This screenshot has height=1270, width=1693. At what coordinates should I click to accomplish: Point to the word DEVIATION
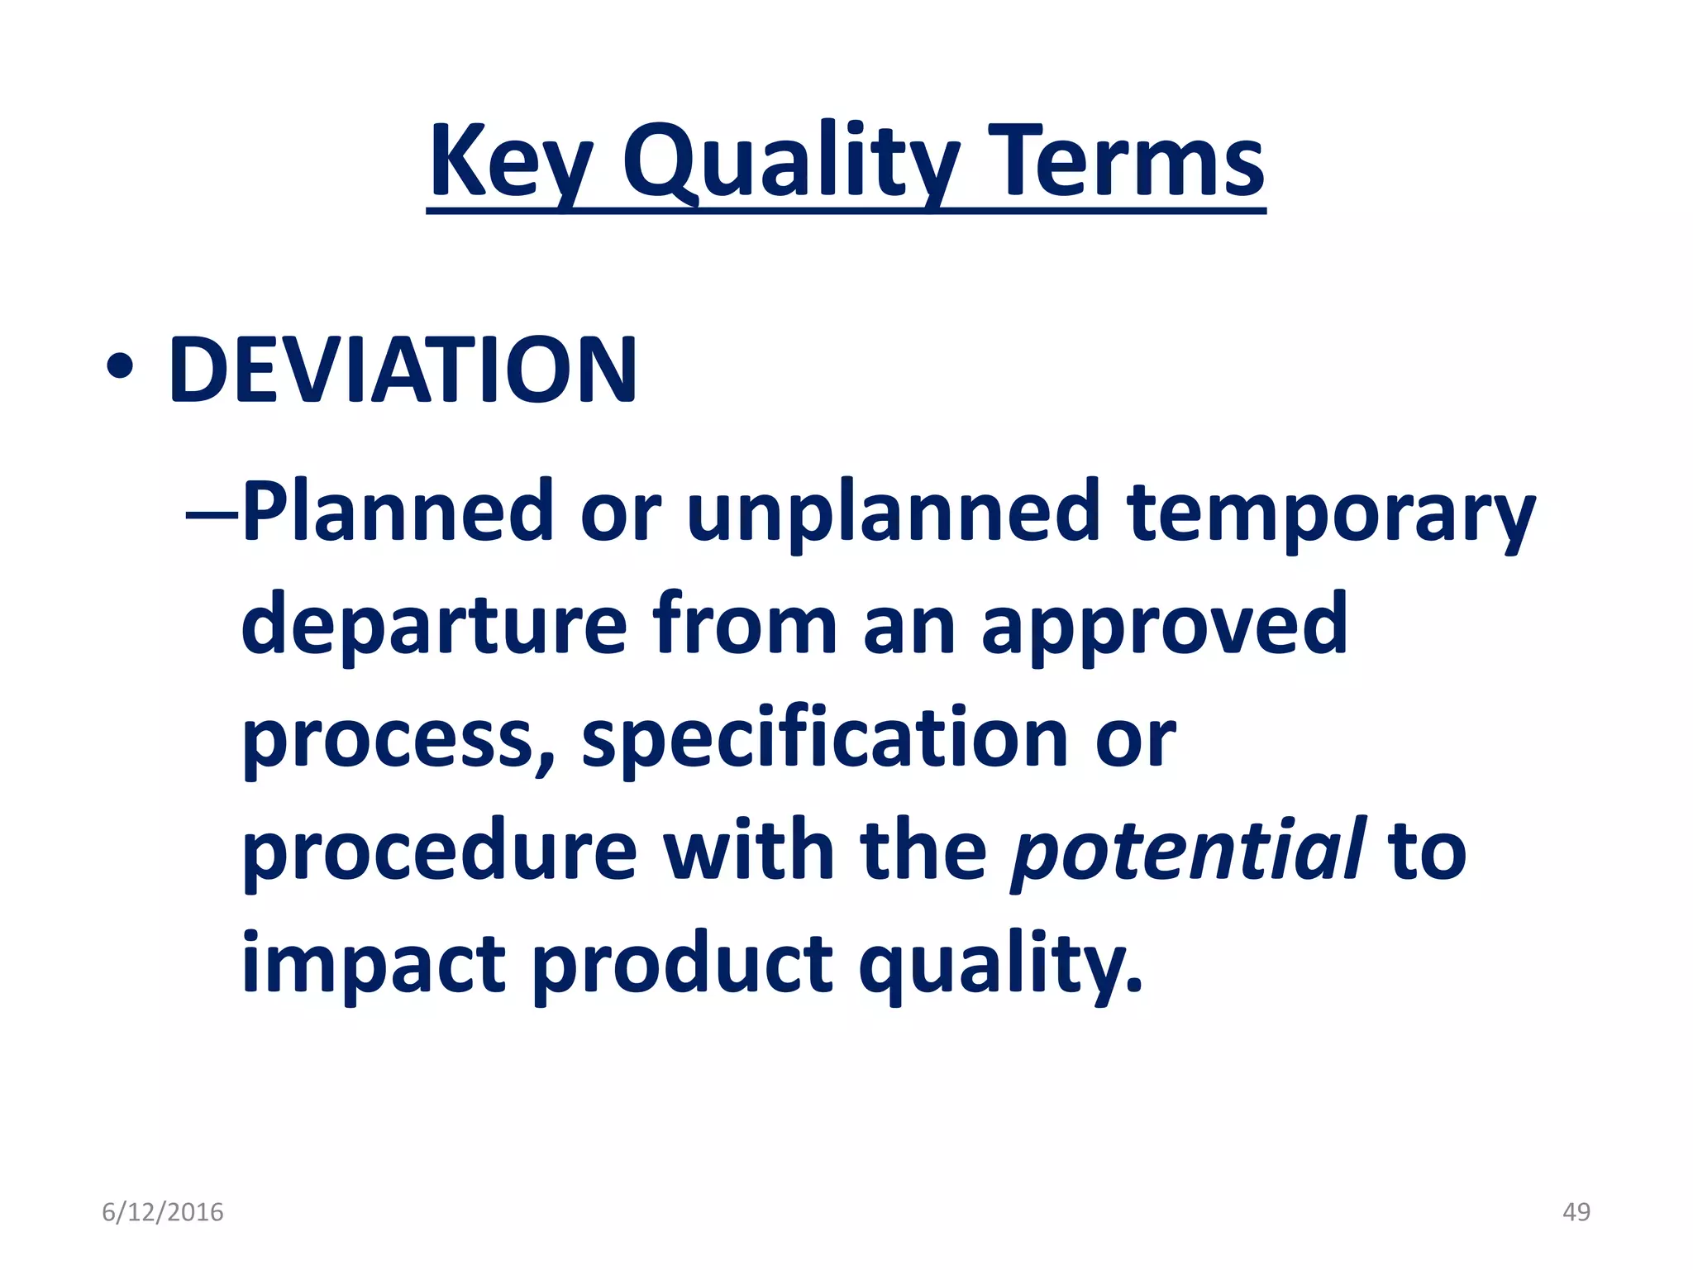click(x=403, y=370)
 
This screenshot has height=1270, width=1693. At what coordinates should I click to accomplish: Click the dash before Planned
click(x=212, y=514)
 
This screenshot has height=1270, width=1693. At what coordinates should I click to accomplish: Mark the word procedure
click(x=439, y=852)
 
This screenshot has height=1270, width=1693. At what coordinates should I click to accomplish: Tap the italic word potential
click(x=1187, y=852)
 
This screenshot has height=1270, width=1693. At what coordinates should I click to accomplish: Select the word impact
click(x=373, y=965)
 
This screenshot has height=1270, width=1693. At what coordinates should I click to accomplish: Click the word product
click(x=682, y=965)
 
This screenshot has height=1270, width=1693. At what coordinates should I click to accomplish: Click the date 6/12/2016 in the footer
click(x=163, y=1212)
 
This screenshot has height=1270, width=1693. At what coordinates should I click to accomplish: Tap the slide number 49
click(x=1576, y=1212)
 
